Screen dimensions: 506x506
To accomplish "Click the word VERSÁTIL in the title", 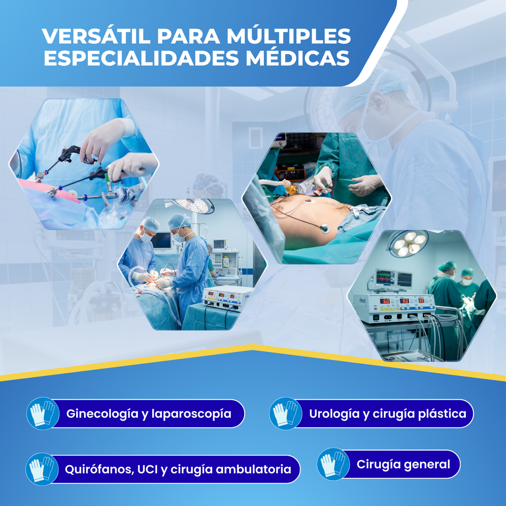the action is pyautogui.click(x=96, y=36).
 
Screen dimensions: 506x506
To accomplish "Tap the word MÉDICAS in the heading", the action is pyautogui.click(x=298, y=58).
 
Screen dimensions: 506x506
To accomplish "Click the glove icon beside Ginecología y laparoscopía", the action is pyautogui.click(x=43, y=414).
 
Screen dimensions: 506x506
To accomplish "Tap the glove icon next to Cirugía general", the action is pyautogui.click(x=334, y=464).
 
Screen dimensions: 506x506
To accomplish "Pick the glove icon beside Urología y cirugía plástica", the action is pyautogui.click(x=286, y=414).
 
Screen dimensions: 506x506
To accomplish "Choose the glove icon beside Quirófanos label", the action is pyautogui.click(x=42, y=469).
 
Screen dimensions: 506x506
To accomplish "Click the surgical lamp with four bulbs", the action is pyautogui.click(x=408, y=243).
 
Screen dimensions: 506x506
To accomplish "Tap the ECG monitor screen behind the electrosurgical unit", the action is pyautogui.click(x=385, y=278).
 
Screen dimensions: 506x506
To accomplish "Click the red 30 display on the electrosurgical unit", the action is pyautogui.click(x=421, y=300).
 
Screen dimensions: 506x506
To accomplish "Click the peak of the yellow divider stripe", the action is pyautogui.click(x=253, y=346).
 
